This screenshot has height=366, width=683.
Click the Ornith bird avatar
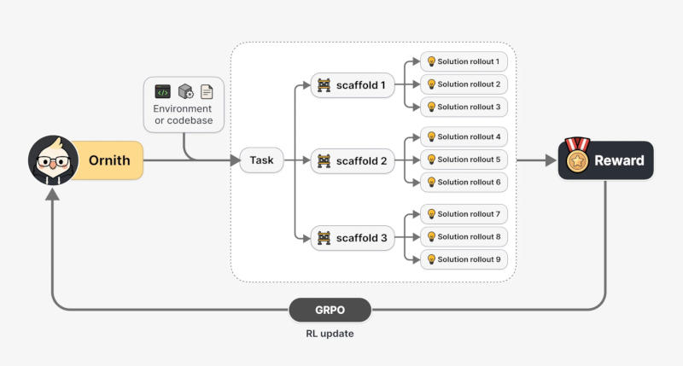pyautogui.click(x=53, y=160)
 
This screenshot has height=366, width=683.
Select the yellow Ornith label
pyautogui.click(x=109, y=160)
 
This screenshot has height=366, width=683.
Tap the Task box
pyautogui.click(x=261, y=160)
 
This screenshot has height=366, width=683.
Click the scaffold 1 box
pyautogui.click(x=353, y=84)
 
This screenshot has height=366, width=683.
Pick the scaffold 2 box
pyautogui.click(x=353, y=160)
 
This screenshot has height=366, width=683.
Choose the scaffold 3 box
pyautogui.click(x=353, y=238)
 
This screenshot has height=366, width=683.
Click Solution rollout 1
pyautogui.click(x=464, y=61)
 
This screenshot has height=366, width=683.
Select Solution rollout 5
pyautogui.click(x=464, y=160)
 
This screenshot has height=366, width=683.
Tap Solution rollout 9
pyautogui.click(x=464, y=259)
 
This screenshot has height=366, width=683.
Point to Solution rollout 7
pyautogui.click(x=464, y=214)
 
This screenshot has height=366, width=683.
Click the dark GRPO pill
pyautogui.click(x=330, y=310)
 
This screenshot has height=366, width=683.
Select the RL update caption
pyautogui.click(x=330, y=334)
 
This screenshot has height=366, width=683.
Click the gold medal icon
pyautogui.click(x=577, y=156)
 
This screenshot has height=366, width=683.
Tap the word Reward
pyautogui.click(x=619, y=160)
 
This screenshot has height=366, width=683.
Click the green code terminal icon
pyautogui.click(x=162, y=92)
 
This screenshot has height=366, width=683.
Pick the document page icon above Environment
pyautogui.click(x=207, y=92)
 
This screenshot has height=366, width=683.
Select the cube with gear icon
pyautogui.click(x=186, y=91)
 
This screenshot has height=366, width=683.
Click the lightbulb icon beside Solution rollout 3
pyautogui.click(x=431, y=107)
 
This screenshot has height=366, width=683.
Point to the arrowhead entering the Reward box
pyautogui.click(x=551, y=160)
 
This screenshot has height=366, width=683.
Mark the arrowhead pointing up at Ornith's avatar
pyautogui.click(x=52, y=195)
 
